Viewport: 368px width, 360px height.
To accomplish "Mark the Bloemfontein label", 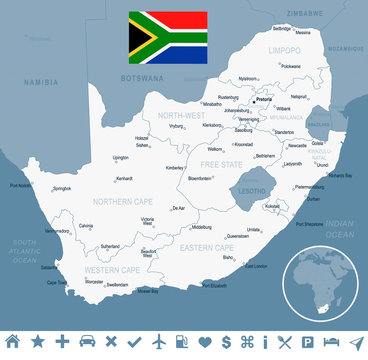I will (200, 177).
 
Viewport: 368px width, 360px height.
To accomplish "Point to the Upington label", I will (121, 157).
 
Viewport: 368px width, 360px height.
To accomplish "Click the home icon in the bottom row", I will (14, 343).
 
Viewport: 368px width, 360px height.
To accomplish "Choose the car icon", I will (87, 343).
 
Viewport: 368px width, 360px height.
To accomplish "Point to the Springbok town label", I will (61, 188).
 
